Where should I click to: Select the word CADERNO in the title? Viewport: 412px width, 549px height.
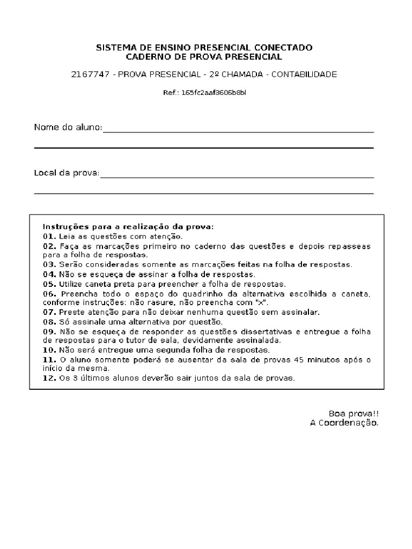(146, 56)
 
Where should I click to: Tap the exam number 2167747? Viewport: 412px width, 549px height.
(89, 74)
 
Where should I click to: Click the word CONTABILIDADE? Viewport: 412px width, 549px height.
(304, 74)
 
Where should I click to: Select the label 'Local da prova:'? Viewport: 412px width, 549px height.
(67, 173)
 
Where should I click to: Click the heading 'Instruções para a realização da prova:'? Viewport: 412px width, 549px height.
(128, 227)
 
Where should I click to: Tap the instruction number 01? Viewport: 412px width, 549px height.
(49, 236)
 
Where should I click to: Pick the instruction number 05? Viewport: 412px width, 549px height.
(49, 284)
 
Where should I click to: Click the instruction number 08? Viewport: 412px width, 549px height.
(49, 322)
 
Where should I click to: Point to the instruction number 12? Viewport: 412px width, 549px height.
(49, 378)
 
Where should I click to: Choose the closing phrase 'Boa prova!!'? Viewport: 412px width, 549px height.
(354, 413)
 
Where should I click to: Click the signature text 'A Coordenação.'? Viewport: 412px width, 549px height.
(344, 423)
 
